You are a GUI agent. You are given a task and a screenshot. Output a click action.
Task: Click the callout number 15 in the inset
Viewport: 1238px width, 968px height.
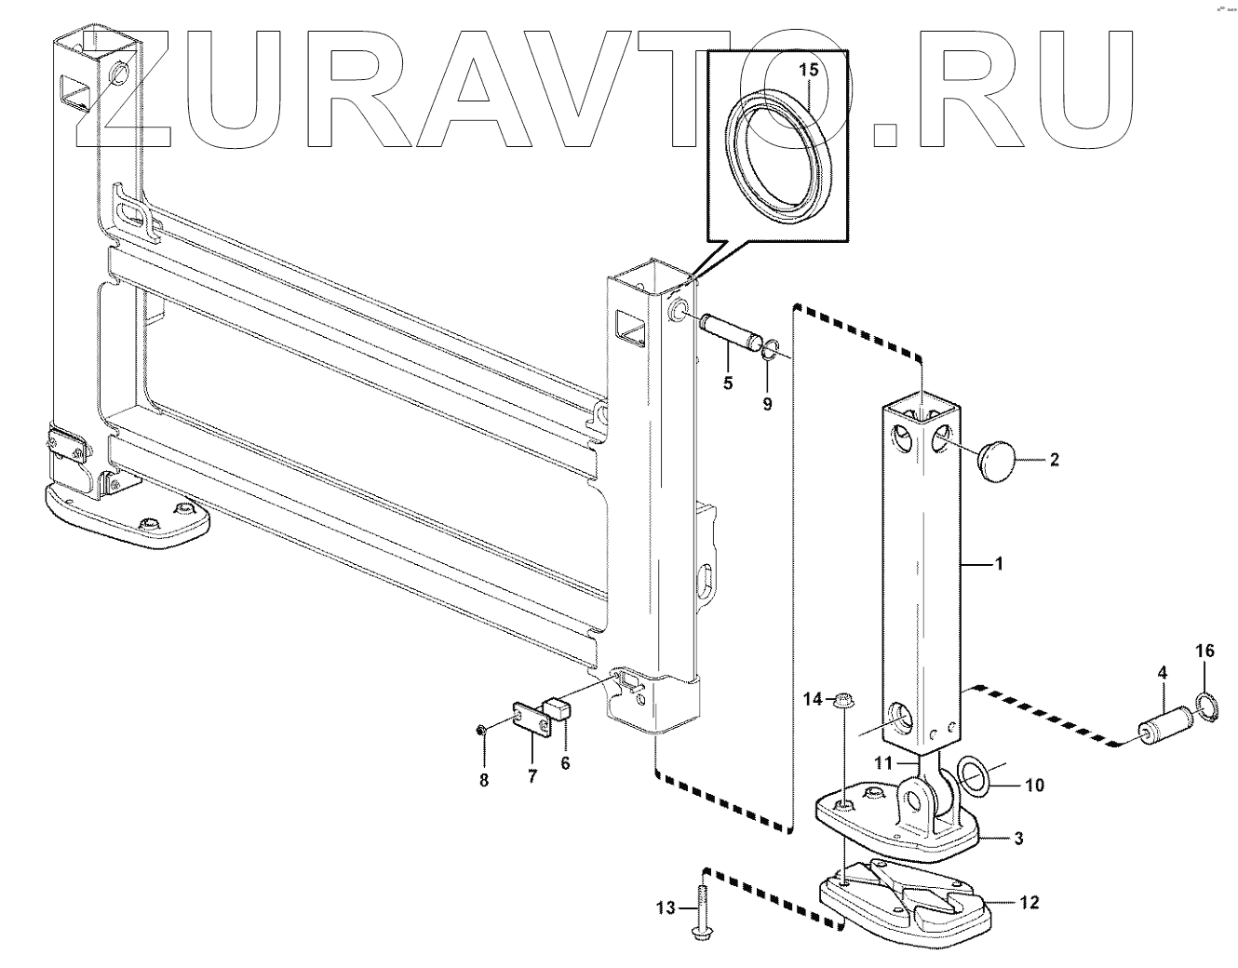pyautogui.click(x=810, y=70)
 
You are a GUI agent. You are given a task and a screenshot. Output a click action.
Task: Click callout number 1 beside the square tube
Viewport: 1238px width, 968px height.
pyautogui.click(x=999, y=563)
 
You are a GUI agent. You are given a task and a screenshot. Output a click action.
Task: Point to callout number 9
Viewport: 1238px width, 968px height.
pyautogui.click(x=767, y=405)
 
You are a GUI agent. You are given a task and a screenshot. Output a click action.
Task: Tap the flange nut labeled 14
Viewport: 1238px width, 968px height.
pyautogui.click(x=841, y=699)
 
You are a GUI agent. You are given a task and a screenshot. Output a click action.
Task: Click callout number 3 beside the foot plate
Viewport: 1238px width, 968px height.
pyautogui.click(x=1018, y=839)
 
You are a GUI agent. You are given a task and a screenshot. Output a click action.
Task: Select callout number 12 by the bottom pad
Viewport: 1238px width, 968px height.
pyautogui.click(x=1029, y=902)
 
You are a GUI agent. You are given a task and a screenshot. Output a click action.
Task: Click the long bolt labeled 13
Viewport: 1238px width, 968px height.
pyautogui.click(x=699, y=908)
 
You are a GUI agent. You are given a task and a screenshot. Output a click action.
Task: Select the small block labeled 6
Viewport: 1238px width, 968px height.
pyautogui.click(x=556, y=713)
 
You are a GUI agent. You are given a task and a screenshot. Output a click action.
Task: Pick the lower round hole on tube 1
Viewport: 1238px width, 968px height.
pyautogui.click(x=902, y=718)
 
